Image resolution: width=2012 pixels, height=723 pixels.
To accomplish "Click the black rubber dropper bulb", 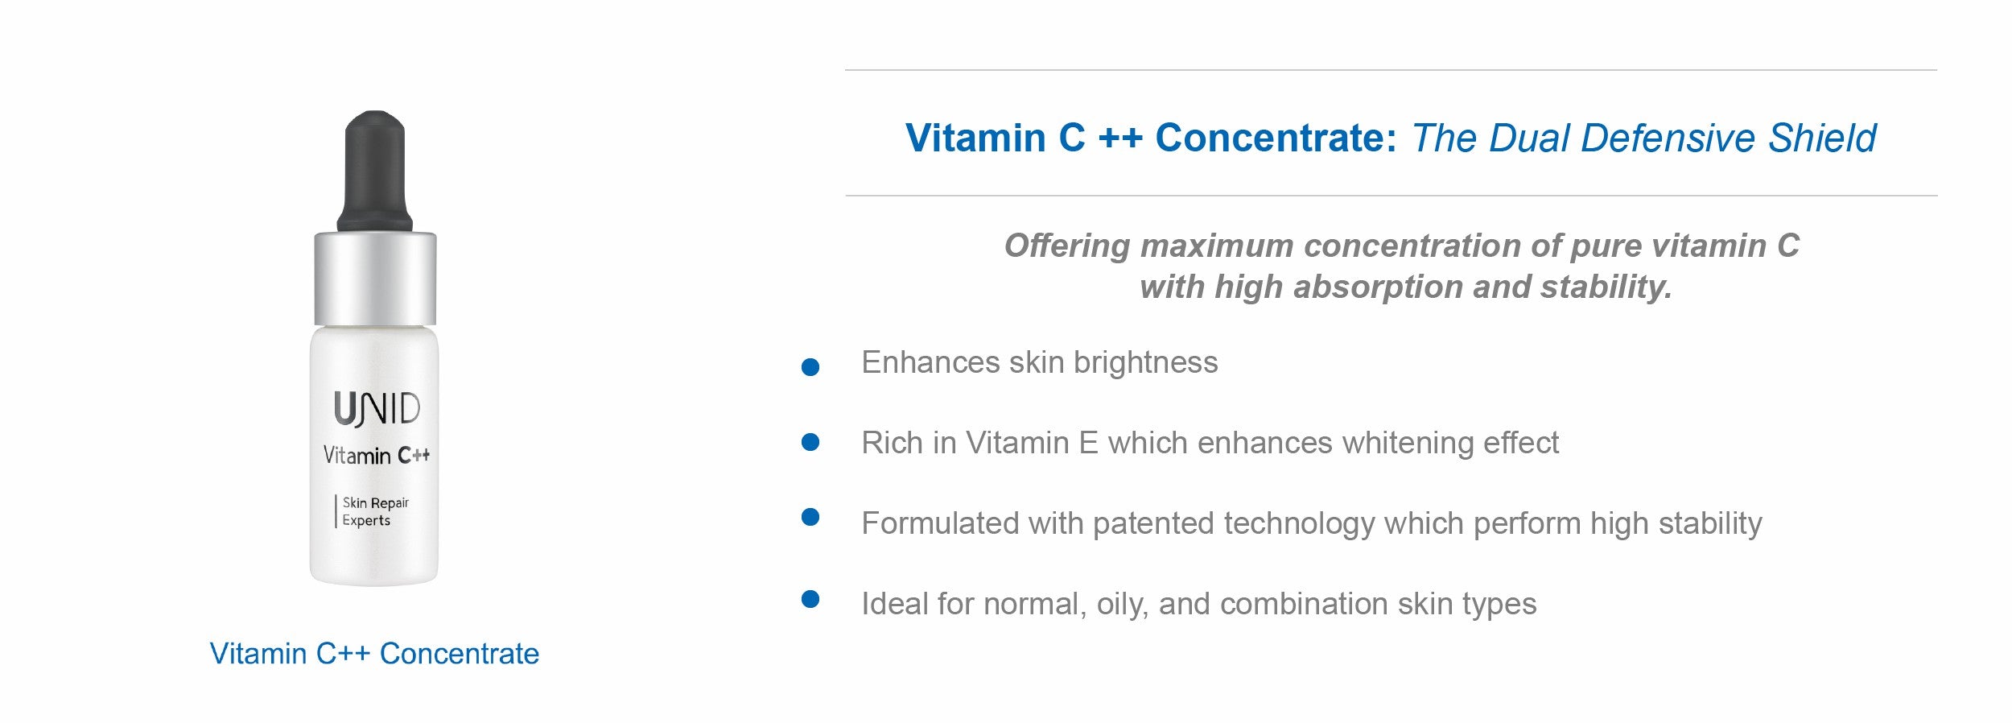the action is click(374, 171).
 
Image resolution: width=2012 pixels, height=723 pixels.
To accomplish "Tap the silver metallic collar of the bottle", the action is click(375, 279).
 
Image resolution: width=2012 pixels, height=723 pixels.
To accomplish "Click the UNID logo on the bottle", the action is click(377, 409).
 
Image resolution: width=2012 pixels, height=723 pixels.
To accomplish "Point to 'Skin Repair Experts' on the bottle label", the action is click(375, 511).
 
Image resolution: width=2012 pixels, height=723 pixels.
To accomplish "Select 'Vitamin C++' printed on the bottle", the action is click(376, 456).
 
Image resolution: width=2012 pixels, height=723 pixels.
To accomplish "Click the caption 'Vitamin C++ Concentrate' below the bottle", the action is click(374, 654).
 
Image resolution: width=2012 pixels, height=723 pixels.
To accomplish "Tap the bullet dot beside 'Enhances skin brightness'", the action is click(810, 368).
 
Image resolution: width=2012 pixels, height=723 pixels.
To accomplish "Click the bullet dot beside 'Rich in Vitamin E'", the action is click(810, 442).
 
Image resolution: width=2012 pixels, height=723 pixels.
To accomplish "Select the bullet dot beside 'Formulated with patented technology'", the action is click(810, 517).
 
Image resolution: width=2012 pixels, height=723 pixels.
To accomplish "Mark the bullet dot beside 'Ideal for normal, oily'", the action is click(810, 599).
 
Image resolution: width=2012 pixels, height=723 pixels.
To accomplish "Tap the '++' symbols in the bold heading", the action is click(1119, 138).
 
